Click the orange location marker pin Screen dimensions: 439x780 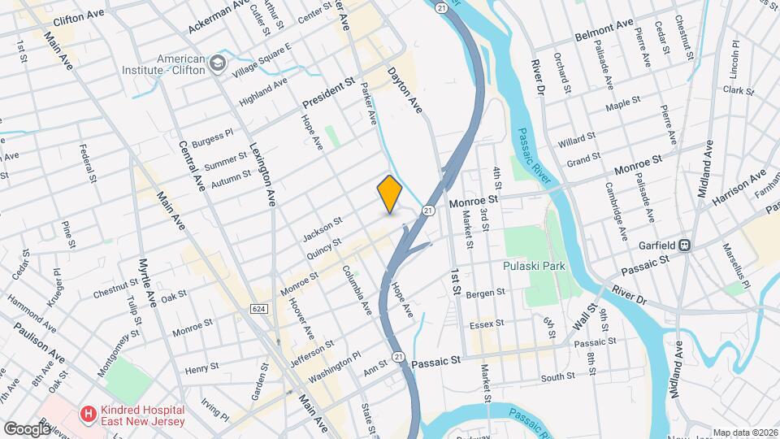(390, 193)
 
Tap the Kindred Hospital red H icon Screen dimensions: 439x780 (87, 415)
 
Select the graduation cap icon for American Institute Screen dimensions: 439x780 (217, 63)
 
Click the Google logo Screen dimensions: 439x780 (28, 428)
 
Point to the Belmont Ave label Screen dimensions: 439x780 (603, 33)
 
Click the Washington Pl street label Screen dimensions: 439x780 (334, 364)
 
